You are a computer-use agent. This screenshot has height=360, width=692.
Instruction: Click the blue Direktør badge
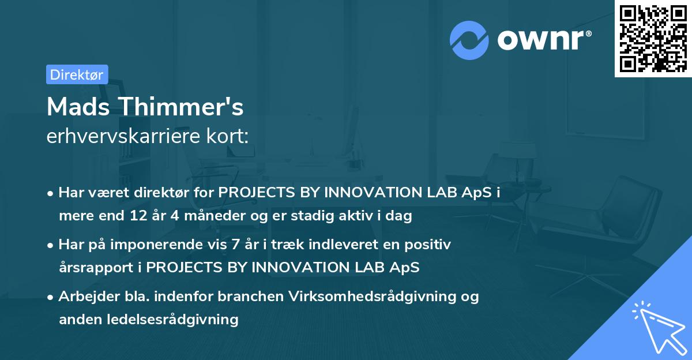(77, 74)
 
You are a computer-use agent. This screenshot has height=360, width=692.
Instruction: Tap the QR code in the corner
(653, 38)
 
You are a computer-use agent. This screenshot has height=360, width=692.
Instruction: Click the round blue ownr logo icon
(469, 40)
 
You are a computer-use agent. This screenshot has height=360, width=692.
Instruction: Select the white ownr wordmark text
(544, 40)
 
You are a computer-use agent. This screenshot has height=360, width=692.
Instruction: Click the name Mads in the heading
(78, 107)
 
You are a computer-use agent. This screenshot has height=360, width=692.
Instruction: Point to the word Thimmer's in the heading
(182, 107)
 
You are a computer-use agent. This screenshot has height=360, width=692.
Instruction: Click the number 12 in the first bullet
(138, 215)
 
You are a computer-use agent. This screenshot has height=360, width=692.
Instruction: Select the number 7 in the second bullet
(235, 245)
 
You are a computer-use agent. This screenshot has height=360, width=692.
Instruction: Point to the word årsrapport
(96, 268)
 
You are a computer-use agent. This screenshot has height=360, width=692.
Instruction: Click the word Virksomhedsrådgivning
(373, 297)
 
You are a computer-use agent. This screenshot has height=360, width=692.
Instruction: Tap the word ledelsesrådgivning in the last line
(172, 320)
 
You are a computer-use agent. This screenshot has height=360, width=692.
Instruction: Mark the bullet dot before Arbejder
(50, 298)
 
